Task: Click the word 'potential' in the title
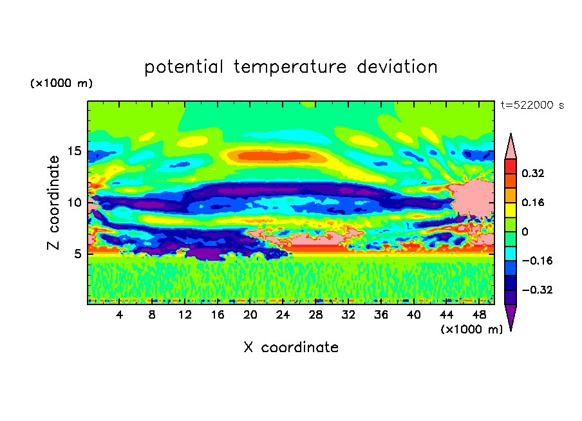[183, 68]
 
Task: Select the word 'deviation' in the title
[397, 67]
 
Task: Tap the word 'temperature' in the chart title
[290, 68]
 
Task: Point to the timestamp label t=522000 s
[532, 106]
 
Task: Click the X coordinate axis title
[291, 347]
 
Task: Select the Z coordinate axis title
[53, 203]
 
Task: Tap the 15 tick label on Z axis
[74, 151]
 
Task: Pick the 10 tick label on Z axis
[74, 203]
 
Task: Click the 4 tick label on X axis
[119, 315]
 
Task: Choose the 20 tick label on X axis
[250, 315]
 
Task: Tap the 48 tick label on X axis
[479, 315]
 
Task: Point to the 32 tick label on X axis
[348, 315]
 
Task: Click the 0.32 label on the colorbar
[533, 173]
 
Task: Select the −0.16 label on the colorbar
[537, 261]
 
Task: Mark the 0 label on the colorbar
[525, 232]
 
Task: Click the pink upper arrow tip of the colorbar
[511, 133]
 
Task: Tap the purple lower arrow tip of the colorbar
[511, 330]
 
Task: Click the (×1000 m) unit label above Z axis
[61, 83]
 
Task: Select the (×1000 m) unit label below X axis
[471, 330]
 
